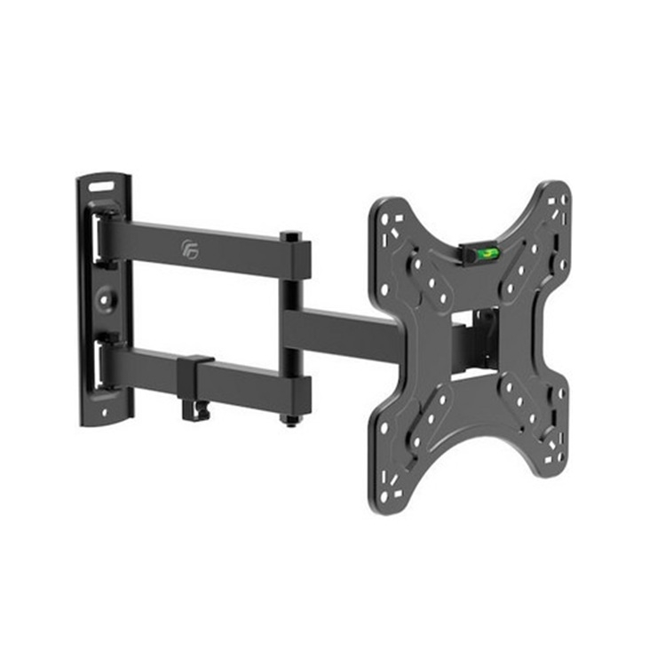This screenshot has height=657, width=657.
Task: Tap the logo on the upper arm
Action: tap(189, 245)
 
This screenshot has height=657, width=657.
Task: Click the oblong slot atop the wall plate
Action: tap(101, 187)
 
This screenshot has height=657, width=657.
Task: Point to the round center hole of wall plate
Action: tap(106, 300)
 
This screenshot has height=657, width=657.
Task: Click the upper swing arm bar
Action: tap(222, 249)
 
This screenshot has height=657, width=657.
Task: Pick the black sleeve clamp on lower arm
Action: tap(196, 376)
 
